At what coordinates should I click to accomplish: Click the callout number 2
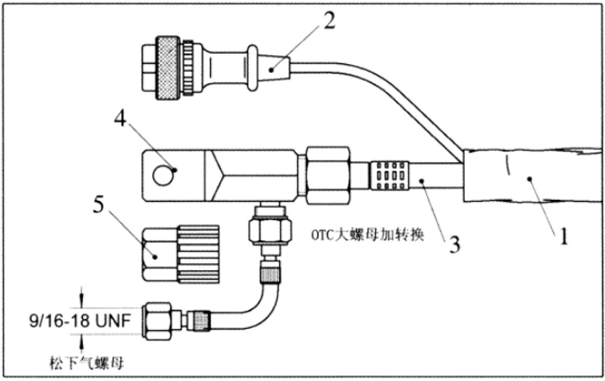click(x=329, y=22)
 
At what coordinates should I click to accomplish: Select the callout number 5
click(x=99, y=204)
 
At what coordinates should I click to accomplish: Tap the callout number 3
click(x=455, y=244)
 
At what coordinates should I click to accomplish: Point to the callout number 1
click(x=564, y=236)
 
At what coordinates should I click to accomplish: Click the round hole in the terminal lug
click(x=163, y=176)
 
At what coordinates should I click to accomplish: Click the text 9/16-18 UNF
click(x=80, y=321)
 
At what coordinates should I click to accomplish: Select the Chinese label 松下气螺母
click(x=86, y=363)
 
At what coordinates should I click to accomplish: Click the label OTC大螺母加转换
click(x=367, y=235)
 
